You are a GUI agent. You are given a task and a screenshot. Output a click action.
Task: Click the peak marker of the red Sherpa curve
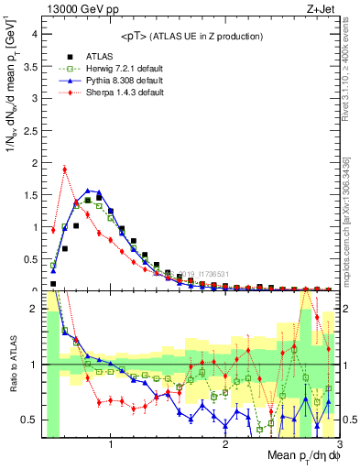64,169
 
